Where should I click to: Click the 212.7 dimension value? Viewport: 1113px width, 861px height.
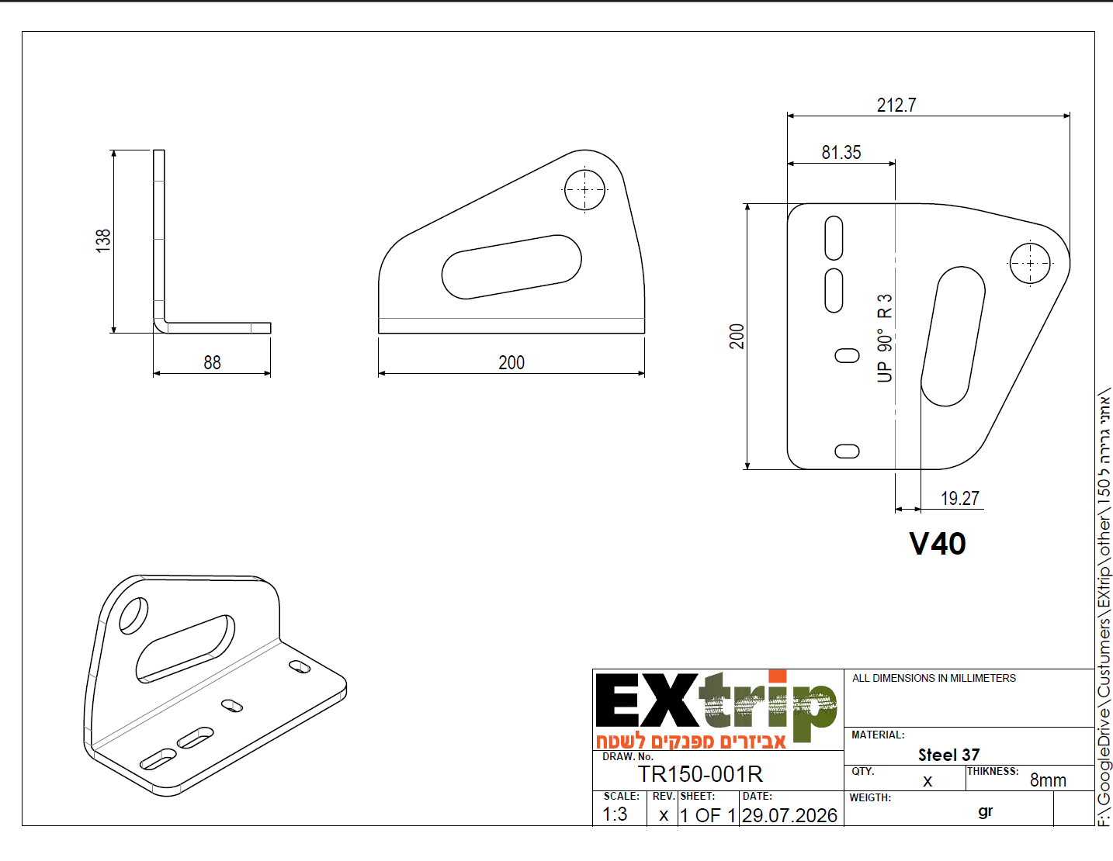coord(896,105)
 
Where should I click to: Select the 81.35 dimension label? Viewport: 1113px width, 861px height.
coord(841,152)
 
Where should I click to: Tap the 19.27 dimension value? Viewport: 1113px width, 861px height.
coord(960,498)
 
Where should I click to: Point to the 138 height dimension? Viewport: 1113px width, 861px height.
coord(103,240)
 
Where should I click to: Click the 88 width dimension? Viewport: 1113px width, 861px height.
coord(212,362)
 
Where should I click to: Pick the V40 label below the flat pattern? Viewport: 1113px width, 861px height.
coord(938,544)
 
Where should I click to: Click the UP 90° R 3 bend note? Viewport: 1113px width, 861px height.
coord(885,338)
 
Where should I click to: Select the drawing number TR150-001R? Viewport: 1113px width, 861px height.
coord(700,774)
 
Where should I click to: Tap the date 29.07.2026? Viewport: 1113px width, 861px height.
coord(789,815)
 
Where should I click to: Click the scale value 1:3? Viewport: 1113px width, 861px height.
coord(615,814)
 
